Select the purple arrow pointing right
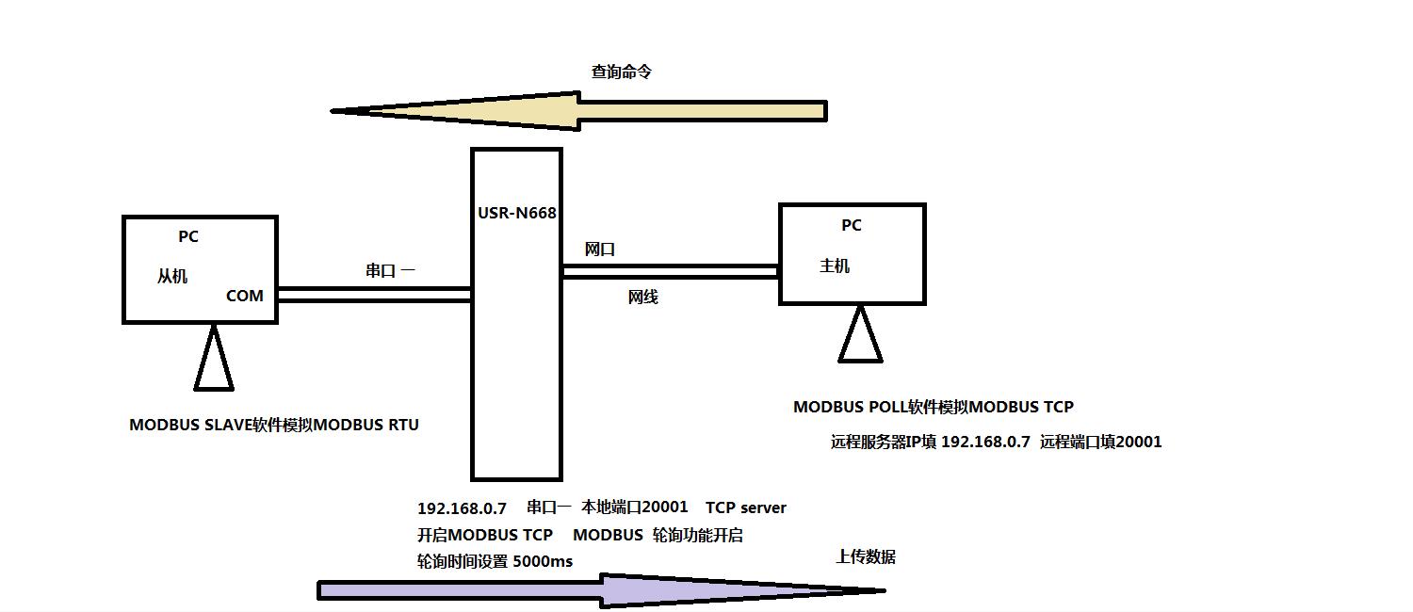[603, 590]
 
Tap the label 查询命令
[621, 72]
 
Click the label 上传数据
[865, 556]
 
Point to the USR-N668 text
[516, 213]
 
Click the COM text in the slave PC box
[245, 296]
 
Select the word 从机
[172, 276]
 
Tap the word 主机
[835, 266]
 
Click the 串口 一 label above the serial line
[390, 271]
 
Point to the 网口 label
[599, 250]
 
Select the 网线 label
[642, 298]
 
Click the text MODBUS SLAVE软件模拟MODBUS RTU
[274, 425]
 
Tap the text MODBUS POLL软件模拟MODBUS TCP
[933, 407]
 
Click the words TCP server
[745, 507]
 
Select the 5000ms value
[542, 561]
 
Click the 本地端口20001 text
[635, 507]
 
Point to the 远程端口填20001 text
[1100, 442]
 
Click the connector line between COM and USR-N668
[374, 295]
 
